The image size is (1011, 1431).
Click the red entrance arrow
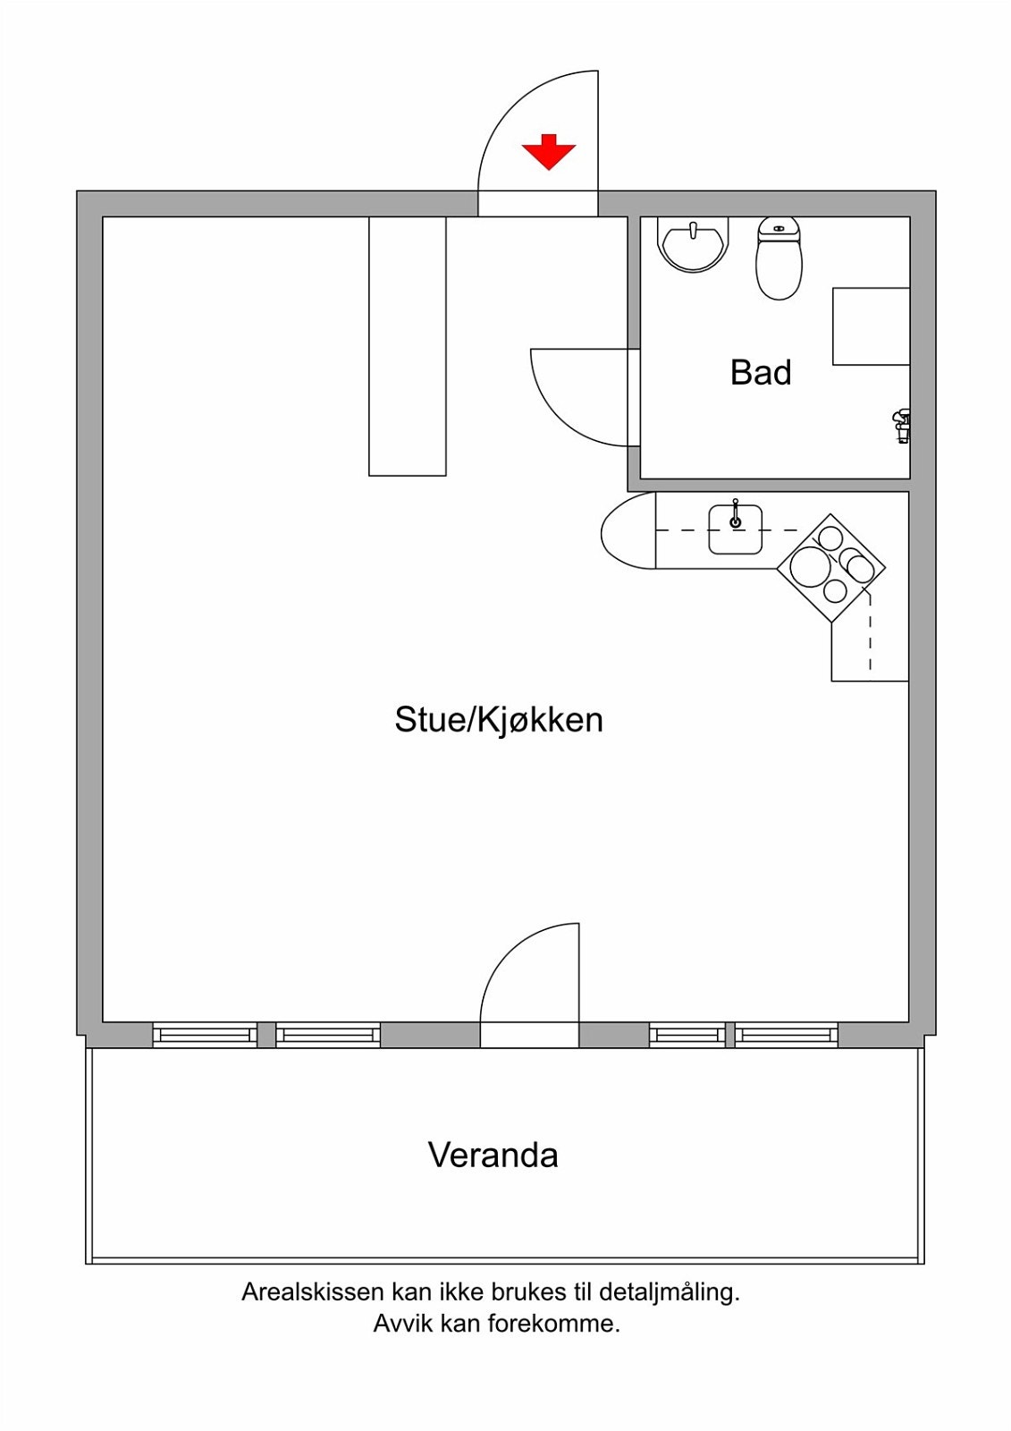pyautogui.click(x=548, y=152)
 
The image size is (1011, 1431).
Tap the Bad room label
pyautogui.click(x=761, y=372)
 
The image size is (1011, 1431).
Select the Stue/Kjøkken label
pyautogui.click(x=499, y=720)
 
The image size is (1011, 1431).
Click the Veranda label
pyautogui.click(x=493, y=1156)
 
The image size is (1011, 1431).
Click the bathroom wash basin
pyautogui.click(x=693, y=243)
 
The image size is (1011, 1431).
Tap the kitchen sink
pyautogui.click(x=736, y=529)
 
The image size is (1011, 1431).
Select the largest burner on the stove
pyautogui.click(x=809, y=566)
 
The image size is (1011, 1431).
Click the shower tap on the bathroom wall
pyautogui.click(x=902, y=425)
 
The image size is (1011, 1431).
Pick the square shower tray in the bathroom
pyautogui.click(x=871, y=326)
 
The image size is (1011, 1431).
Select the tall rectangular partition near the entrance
pyautogui.click(x=408, y=346)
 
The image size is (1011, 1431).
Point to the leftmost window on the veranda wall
pyautogui.click(x=205, y=1035)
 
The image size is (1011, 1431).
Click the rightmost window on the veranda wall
pyautogui.click(x=787, y=1035)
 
